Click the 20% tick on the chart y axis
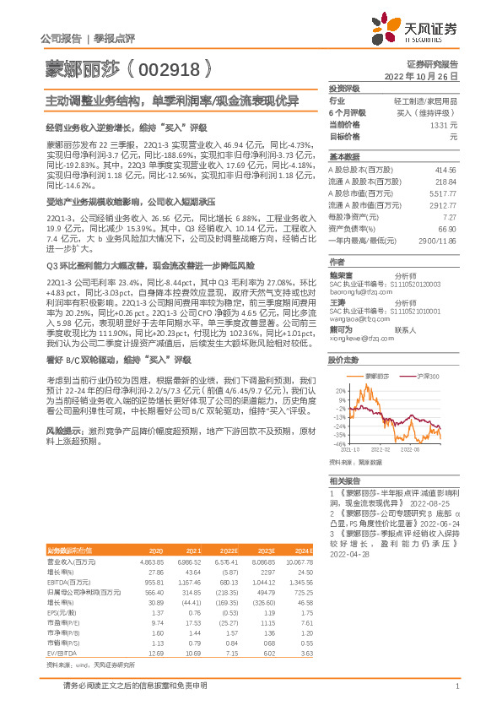pyautogui.click(x=340, y=391)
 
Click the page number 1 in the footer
pyautogui.click(x=456, y=695)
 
